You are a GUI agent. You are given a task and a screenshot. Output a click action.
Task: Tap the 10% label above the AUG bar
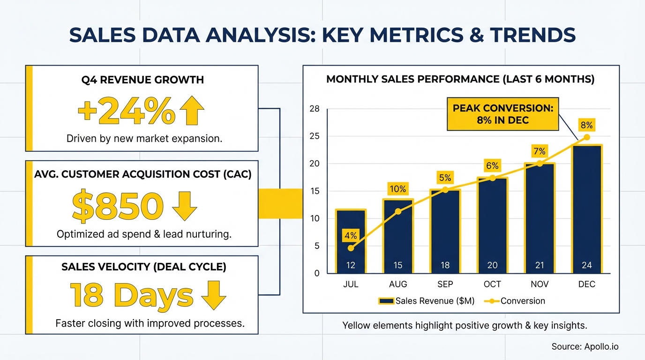tap(398, 189)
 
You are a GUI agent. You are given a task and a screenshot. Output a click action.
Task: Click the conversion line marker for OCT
tap(492, 178)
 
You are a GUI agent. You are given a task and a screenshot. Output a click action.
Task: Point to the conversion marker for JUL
tap(351, 248)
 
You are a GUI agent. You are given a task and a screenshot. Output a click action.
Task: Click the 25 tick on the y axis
tap(314, 136)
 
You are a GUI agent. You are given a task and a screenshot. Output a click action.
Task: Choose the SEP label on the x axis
tap(445, 284)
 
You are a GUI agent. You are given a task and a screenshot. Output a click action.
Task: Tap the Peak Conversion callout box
tap(502, 114)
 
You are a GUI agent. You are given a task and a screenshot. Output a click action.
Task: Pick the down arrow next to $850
tap(185, 206)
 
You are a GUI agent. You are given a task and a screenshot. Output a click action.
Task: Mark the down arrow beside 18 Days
tap(213, 296)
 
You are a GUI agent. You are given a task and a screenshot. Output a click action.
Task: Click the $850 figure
tap(118, 207)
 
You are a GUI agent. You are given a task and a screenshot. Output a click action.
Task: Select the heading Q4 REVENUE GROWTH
tap(142, 80)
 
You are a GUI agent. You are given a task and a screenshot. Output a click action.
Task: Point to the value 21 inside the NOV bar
tap(540, 265)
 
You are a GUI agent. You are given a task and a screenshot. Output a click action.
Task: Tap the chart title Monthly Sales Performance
tap(460, 79)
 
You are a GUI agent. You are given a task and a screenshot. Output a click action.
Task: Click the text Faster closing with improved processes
tap(150, 323)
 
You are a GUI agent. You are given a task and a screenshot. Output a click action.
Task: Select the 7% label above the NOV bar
tap(540, 151)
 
